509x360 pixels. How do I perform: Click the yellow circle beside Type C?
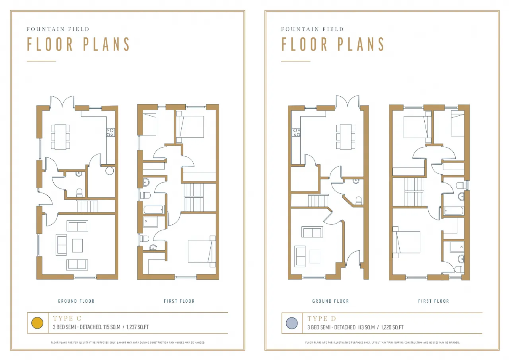point(37,323)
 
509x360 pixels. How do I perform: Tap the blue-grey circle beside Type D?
point(291,323)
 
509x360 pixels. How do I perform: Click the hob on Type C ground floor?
point(111,132)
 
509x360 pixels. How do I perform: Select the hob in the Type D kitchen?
point(296,132)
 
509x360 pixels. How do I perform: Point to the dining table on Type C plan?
point(60,136)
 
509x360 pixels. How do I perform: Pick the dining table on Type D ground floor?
point(346,136)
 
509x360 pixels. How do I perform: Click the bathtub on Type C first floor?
point(153,210)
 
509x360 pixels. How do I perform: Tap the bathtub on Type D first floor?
point(454,211)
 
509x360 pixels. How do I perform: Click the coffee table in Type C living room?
point(78,245)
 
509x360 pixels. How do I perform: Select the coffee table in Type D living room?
point(315,256)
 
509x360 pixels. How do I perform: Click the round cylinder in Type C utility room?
point(109,171)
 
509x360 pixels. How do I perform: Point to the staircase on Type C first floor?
point(194,197)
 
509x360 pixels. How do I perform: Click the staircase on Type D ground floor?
point(318,200)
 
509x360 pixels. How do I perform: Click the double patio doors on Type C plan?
point(62,101)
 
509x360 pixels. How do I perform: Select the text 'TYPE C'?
point(67,318)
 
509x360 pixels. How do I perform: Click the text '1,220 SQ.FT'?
point(392,327)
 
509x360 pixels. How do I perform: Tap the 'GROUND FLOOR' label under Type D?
point(330,301)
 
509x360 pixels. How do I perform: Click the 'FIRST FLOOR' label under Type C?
point(179,301)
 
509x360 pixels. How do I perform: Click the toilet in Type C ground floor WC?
point(79,193)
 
